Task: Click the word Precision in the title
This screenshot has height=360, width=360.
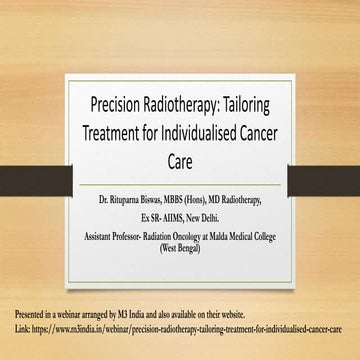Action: click(119, 103)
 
